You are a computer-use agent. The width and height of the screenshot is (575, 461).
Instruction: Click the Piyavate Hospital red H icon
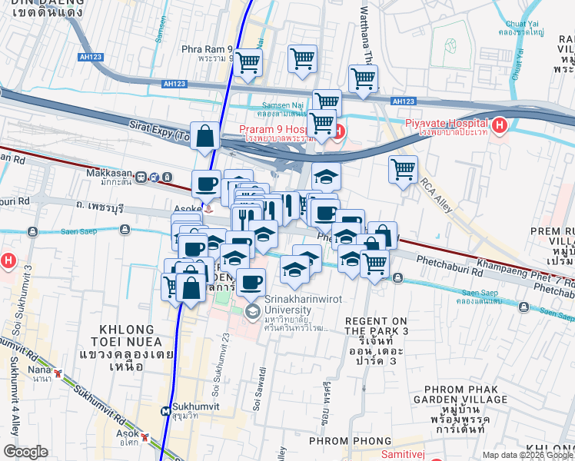(500, 124)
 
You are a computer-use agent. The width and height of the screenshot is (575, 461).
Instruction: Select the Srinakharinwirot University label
(297, 299)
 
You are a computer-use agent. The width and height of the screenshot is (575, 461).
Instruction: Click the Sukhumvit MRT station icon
(165, 411)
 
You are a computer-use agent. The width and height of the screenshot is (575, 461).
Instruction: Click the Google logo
(25, 452)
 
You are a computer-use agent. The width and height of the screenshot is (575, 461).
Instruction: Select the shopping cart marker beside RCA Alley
(404, 171)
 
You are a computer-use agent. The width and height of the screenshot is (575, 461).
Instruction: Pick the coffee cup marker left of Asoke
(205, 184)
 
